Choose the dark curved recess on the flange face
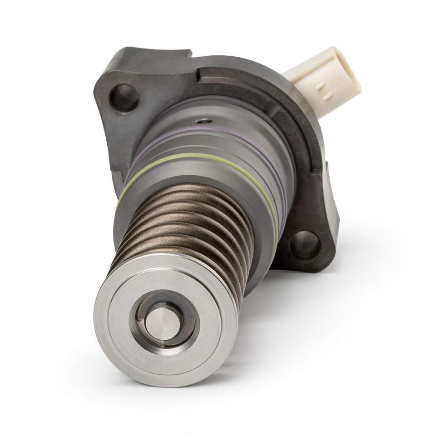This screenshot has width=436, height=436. [291, 114]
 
